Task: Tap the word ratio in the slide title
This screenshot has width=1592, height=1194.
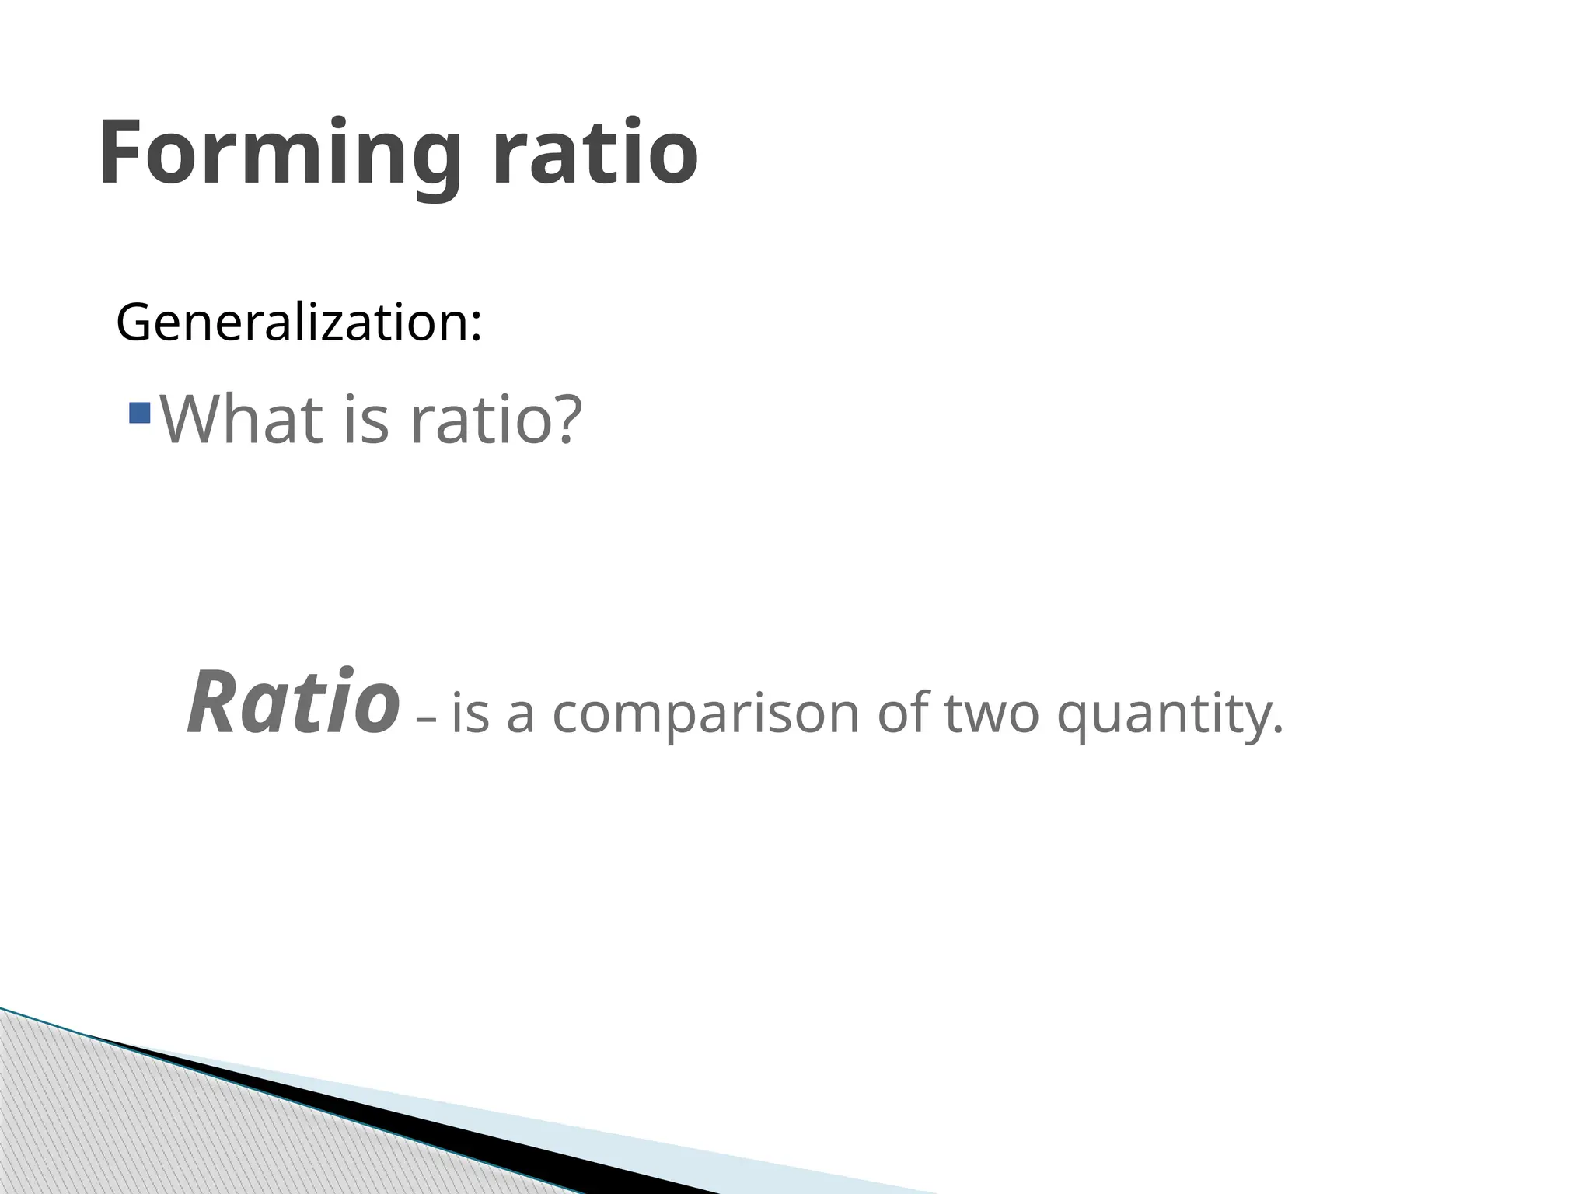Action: [x=595, y=152]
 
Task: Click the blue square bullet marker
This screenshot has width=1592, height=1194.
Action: [x=140, y=412]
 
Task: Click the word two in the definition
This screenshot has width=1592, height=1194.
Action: [x=992, y=714]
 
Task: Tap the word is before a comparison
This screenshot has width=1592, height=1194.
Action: [x=470, y=714]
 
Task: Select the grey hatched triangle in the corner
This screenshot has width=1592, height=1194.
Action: [x=155, y=1127]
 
